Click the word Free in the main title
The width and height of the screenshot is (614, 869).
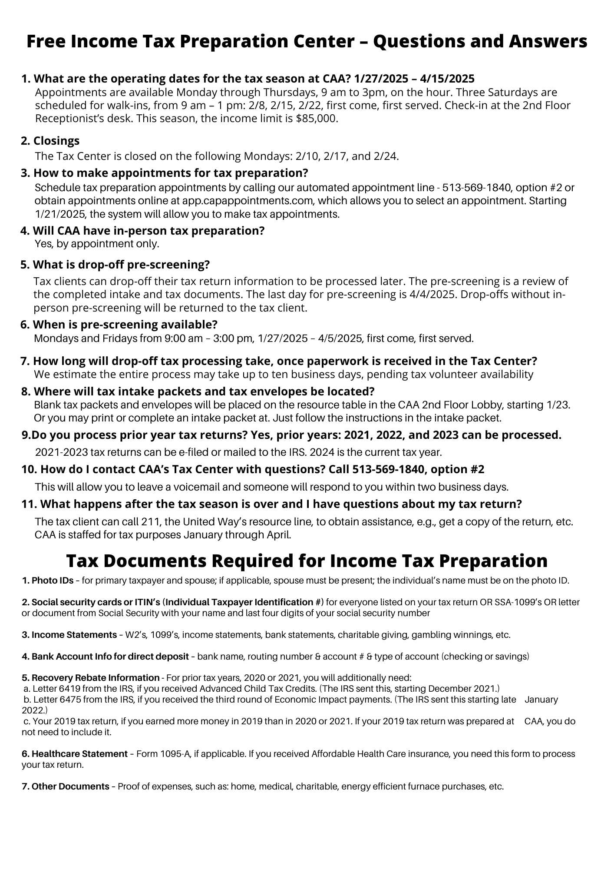click(x=45, y=42)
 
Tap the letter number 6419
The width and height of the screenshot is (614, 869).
click(x=69, y=689)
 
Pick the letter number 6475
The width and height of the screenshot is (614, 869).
click(x=69, y=700)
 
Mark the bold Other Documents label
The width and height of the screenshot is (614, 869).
click(x=70, y=786)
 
